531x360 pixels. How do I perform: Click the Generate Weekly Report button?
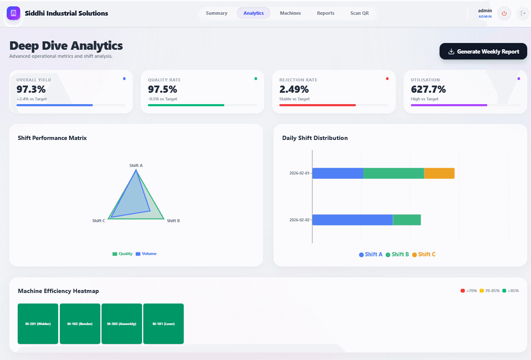483,51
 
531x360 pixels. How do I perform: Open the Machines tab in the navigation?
290,13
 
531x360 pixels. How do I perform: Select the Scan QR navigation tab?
359,13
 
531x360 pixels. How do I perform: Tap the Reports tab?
325,13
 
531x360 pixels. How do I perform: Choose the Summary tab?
217,13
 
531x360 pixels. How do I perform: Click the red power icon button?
504,13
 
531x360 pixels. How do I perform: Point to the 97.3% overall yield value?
31,89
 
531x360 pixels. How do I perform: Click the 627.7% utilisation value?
428,89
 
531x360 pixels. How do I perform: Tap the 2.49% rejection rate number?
294,89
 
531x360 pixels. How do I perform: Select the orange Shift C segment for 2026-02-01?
439,173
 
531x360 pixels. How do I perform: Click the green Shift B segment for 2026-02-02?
407,220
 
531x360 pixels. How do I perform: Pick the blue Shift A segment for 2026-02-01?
338,173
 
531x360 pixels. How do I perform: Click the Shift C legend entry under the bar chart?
424,255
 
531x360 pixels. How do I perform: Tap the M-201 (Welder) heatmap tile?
38,324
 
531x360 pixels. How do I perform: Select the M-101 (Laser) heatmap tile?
164,324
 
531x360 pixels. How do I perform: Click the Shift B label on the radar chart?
173,221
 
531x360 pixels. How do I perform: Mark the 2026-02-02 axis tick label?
299,220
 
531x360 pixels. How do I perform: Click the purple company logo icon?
13,13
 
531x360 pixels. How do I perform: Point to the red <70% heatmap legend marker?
463,291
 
